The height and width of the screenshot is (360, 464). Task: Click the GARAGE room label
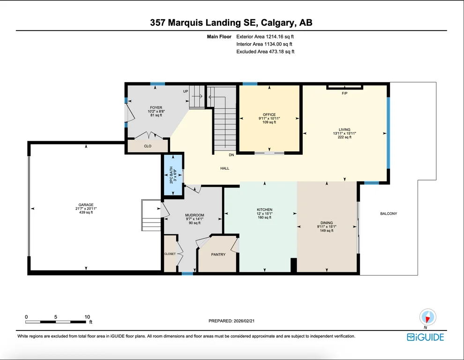pyautogui.click(x=86, y=204)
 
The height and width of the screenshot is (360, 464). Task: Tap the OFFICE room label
pyautogui.click(x=269, y=114)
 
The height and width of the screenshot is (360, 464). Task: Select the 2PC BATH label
pyautogui.click(x=171, y=175)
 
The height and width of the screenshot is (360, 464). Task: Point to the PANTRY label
pyautogui.click(x=218, y=255)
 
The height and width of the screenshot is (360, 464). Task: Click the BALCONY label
pyautogui.click(x=389, y=213)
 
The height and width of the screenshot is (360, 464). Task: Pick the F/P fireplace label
pyautogui.click(x=344, y=93)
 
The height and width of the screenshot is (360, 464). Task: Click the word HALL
pyautogui.click(x=225, y=168)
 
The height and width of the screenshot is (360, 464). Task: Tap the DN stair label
pyautogui.click(x=232, y=155)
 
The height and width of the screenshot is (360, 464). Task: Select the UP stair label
pyautogui.click(x=186, y=91)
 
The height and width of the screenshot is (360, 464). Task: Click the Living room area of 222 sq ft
pyautogui.click(x=344, y=137)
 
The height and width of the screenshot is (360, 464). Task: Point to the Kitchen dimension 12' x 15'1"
pyautogui.click(x=264, y=213)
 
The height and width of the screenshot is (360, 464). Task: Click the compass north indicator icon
pyautogui.click(x=427, y=317)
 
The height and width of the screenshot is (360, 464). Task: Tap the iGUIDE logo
pyautogui.click(x=425, y=337)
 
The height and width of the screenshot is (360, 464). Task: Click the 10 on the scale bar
pyautogui.click(x=87, y=317)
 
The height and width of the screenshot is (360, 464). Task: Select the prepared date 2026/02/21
pyautogui.click(x=244, y=321)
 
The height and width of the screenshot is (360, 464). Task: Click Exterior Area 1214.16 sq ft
pyautogui.click(x=265, y=37)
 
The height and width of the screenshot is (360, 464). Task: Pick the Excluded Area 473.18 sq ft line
pyautogui.click(x=265, y=52)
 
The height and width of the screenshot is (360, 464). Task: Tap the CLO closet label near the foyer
pyautogui.click(x=148, y=146)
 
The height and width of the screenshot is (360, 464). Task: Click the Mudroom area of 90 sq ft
pyautogui.click(x=195, y=223)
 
